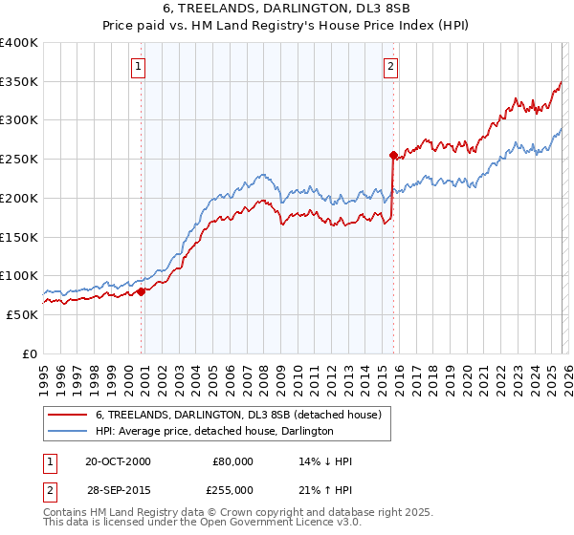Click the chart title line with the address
click(x=287, y=9)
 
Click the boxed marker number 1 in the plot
click(x=140, y=66)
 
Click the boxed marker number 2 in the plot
click(x=391, y=66)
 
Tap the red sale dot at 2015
click(x=393, y=154)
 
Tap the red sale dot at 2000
click(x=142, y=291)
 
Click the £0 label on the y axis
click(x=31, y=353)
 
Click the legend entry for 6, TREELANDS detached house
click(x=238, y=415)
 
